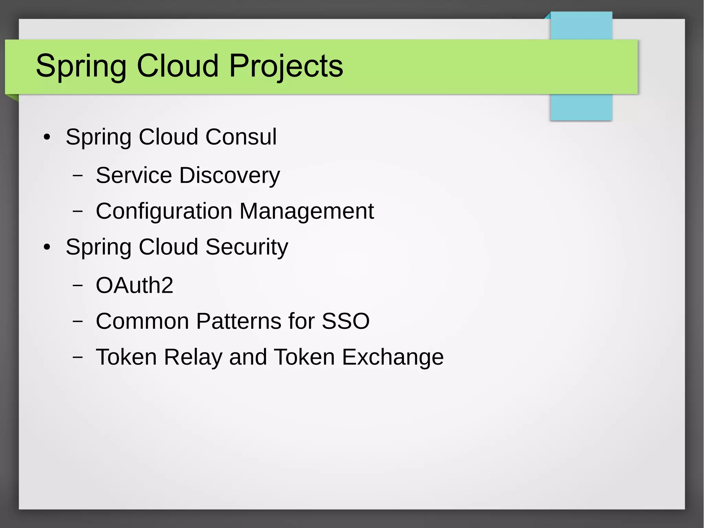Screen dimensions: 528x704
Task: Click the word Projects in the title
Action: click(x=286, y=66)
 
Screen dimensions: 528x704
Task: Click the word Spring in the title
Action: click(x=81, y=66)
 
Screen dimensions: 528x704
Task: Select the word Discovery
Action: click(x=229, y=175)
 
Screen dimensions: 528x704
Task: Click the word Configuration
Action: click(x=164, y=211)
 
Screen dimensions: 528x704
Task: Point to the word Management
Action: click(x=306, y=211)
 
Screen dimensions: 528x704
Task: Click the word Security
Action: click(x=246, y=247)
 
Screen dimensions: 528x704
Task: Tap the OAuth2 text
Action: click(x=134, y=285)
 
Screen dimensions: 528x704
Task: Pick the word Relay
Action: click(x=193, y=357)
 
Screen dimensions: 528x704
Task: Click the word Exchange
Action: click(x=392, y=357)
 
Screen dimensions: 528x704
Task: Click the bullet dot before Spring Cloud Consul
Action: click(x=47, y=138)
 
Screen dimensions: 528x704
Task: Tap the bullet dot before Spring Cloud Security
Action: click(x=47, y=247)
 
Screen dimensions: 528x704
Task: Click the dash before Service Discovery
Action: click(x=78, y=175)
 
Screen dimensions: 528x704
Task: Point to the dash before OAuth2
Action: click(x=78, y=285)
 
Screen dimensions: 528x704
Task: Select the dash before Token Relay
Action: click(x=78, y=357)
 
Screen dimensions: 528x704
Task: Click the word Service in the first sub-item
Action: click(x=134, y=175)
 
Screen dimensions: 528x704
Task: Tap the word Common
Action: click(x=142, y=321)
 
